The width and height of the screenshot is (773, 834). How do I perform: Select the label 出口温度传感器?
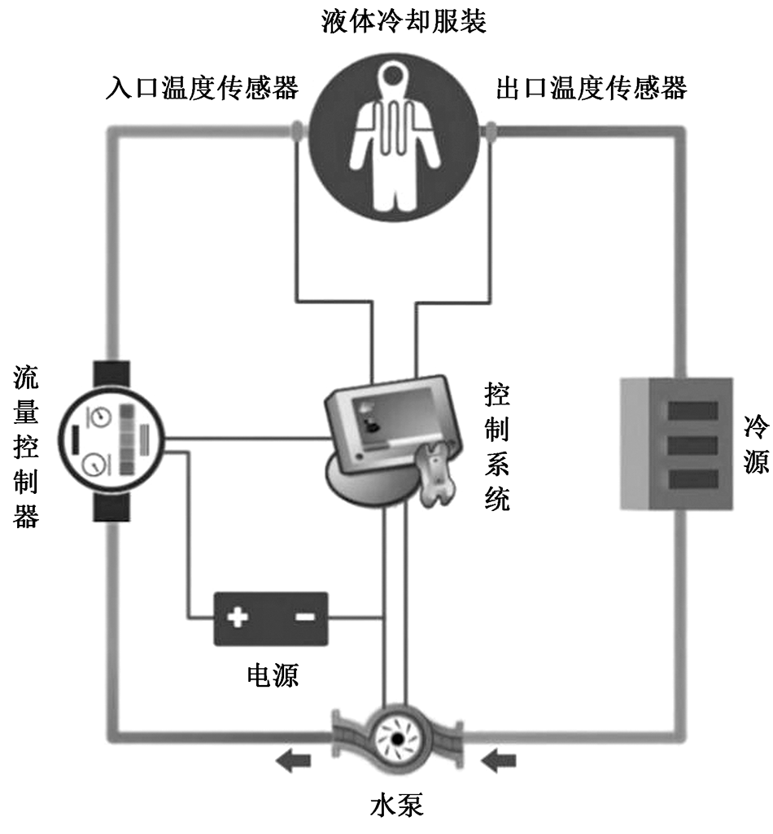click(x=592, y=88)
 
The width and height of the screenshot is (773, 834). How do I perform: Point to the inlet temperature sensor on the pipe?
click(x=297, y=130)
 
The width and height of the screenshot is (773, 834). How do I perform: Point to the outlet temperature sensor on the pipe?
click(x=492, y=130)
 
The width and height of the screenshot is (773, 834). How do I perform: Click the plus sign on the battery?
click(x=238, y=618)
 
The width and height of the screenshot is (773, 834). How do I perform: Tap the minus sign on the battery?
click(x=304, y=618)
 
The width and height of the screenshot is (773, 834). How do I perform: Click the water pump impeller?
click(x=397, y=739)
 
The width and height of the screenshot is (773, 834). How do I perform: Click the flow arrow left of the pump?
click(x=293, y=762)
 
